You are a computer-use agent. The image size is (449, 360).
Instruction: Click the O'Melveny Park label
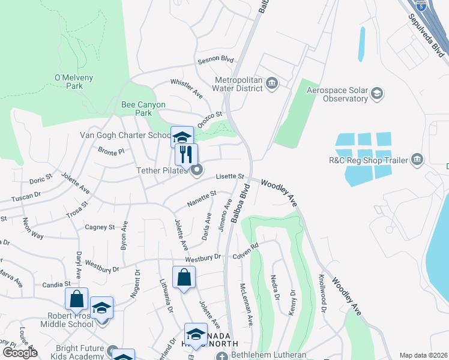(69, 82)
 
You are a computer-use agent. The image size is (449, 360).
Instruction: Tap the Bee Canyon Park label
(136, 109)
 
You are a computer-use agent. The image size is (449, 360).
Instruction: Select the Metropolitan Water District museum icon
(272, 82)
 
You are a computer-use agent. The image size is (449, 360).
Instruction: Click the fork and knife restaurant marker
(186, 154)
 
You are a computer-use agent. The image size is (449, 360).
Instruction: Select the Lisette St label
(231, 177)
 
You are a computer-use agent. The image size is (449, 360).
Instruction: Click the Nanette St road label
(201, 198)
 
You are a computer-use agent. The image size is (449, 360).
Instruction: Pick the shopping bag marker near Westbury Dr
(184, 277)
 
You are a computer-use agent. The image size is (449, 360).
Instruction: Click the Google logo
(19, 353)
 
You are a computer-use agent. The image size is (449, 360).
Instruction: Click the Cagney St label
(100, 227)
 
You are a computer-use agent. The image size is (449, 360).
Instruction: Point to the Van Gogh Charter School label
(125, 135)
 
